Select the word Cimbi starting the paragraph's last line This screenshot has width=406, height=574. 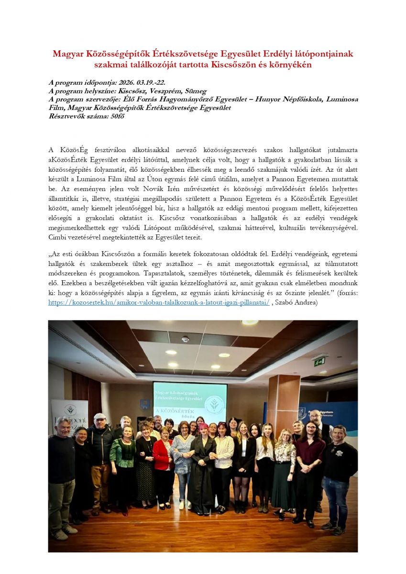click(57, 238)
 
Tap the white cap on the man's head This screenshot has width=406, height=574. click(99, 417)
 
